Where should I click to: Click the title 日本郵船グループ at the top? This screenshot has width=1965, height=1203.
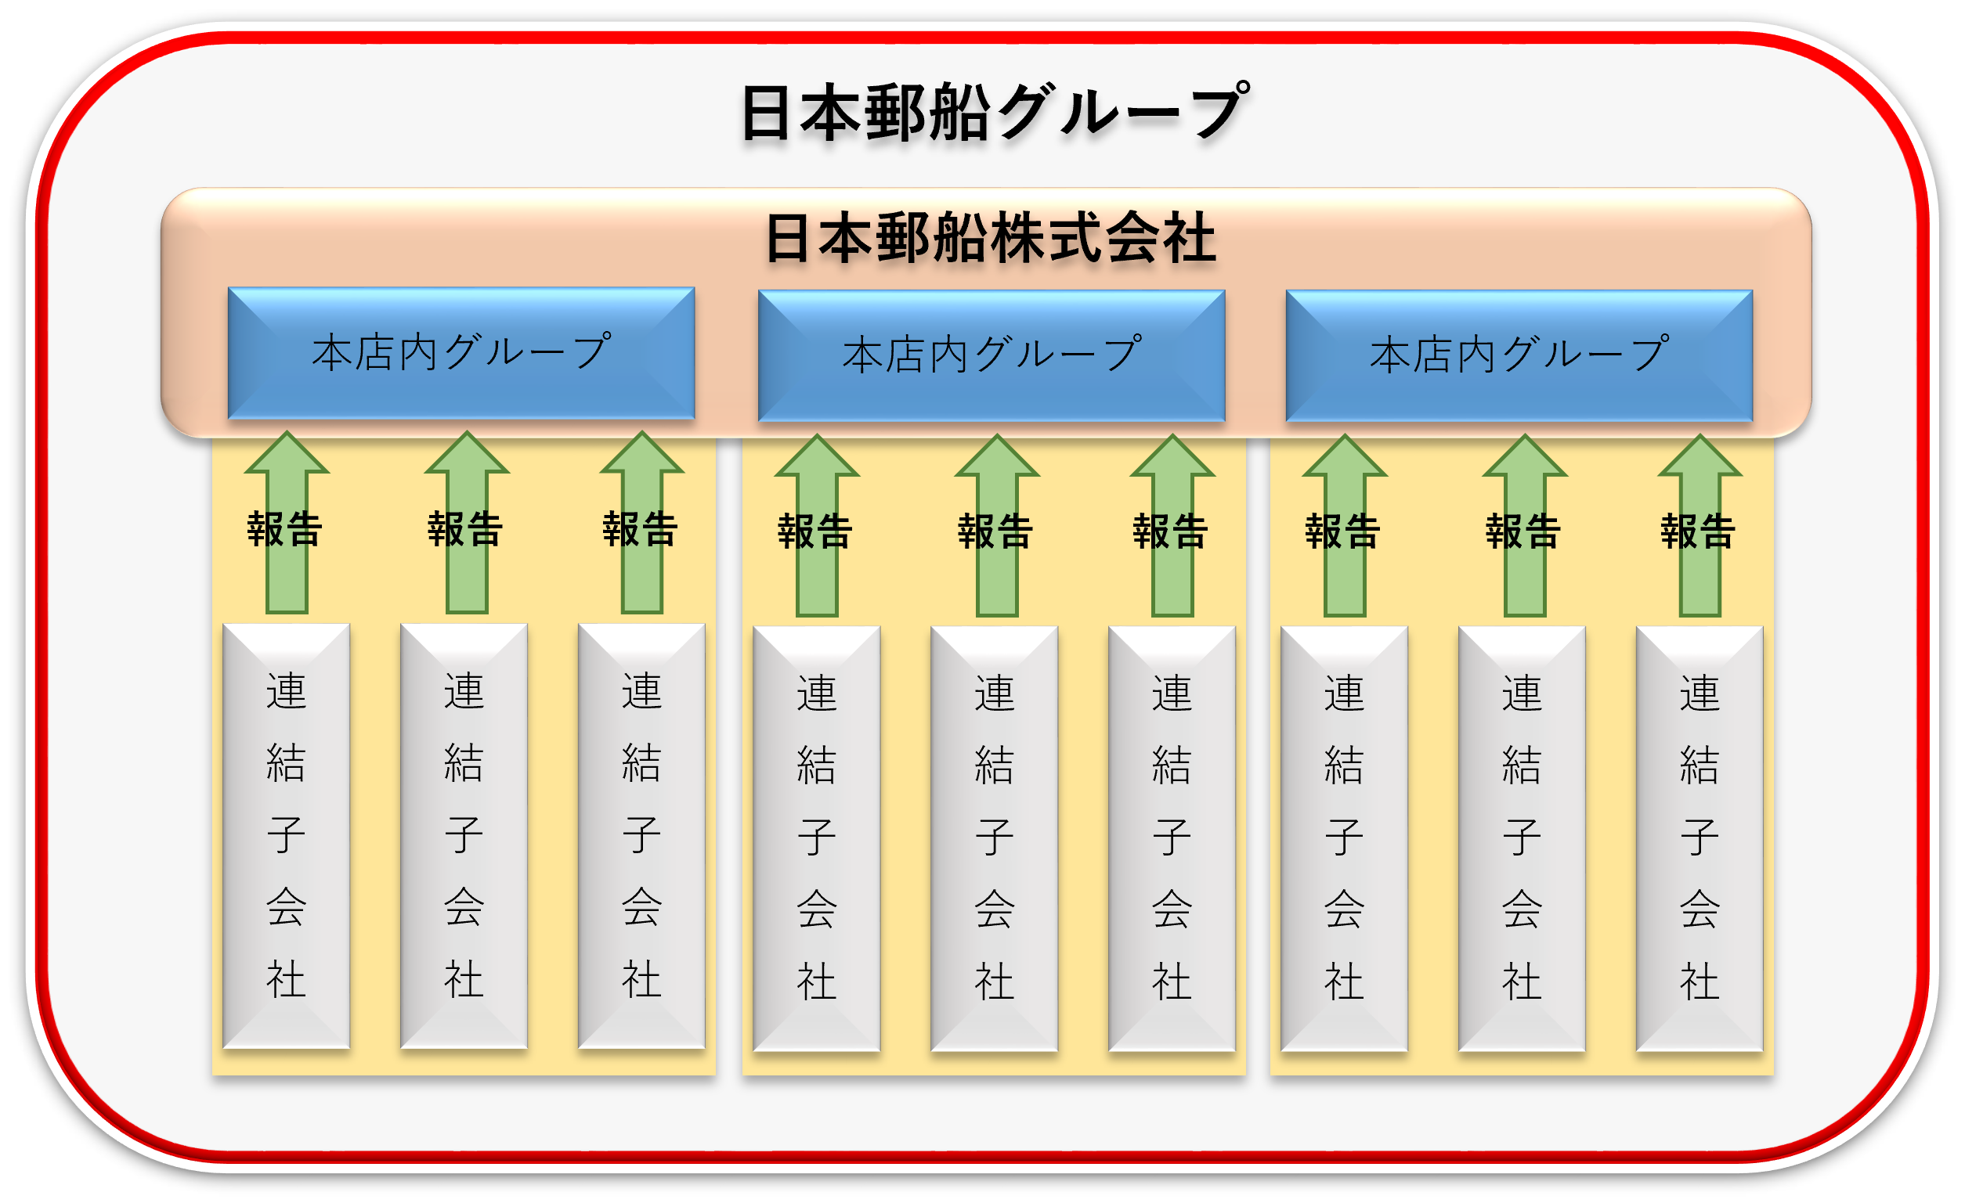pos(993,113)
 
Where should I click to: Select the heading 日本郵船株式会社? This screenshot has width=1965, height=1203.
pos(990,239)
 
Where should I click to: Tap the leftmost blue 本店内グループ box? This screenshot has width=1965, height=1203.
pos(461,353)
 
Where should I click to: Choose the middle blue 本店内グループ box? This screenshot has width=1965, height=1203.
pos(992,355)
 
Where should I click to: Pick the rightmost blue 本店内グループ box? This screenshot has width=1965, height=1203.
pos(1519,355)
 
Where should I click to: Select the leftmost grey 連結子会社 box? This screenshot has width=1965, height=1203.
pos(287,835)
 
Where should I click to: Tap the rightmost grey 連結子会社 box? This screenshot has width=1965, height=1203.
pos(1700,838)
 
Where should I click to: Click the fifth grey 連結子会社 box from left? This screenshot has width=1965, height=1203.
pos(995,838)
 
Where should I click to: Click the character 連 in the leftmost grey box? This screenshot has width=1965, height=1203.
pos(287,690)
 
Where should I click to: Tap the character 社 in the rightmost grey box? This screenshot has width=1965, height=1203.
pos(1700,981)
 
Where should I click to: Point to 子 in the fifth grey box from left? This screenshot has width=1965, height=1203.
pos(995,837)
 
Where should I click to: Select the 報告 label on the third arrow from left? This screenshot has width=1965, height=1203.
pos(641,529)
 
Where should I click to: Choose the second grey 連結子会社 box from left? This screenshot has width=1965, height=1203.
pos(464,835)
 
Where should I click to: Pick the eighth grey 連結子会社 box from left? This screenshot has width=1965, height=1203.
pos(1522,838)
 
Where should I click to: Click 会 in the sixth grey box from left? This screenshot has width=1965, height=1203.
pos(1172,909)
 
